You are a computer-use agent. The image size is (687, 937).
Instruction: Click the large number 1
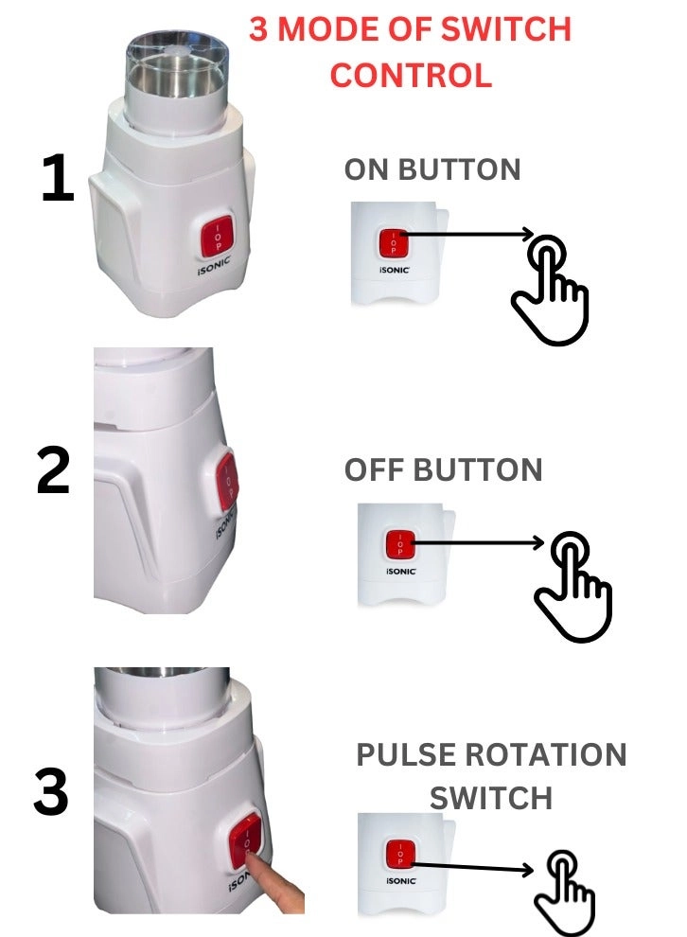59,178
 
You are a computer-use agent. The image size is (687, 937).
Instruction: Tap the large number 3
51,792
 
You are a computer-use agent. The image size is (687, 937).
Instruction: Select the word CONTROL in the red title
411,76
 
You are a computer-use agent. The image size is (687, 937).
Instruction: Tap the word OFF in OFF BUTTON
374,469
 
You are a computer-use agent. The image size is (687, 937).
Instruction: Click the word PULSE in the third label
406,754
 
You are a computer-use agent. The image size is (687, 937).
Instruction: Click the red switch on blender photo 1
218,235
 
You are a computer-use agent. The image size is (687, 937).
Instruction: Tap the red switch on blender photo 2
227,483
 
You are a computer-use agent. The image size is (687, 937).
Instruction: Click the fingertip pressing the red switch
255,860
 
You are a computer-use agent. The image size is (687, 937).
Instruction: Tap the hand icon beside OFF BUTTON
572,586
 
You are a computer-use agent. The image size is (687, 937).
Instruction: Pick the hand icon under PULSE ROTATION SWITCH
565,893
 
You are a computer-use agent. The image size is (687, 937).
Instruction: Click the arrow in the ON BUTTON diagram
464,235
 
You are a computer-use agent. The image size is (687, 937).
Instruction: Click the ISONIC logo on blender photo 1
214,266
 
